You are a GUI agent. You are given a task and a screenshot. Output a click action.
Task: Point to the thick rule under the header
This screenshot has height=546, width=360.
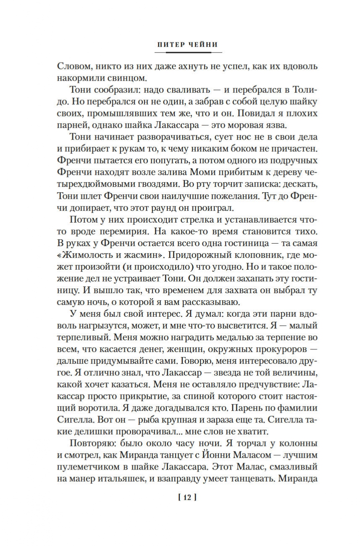pos(188,52)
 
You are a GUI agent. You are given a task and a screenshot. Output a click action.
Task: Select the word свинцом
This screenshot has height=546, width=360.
pos(125,78)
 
